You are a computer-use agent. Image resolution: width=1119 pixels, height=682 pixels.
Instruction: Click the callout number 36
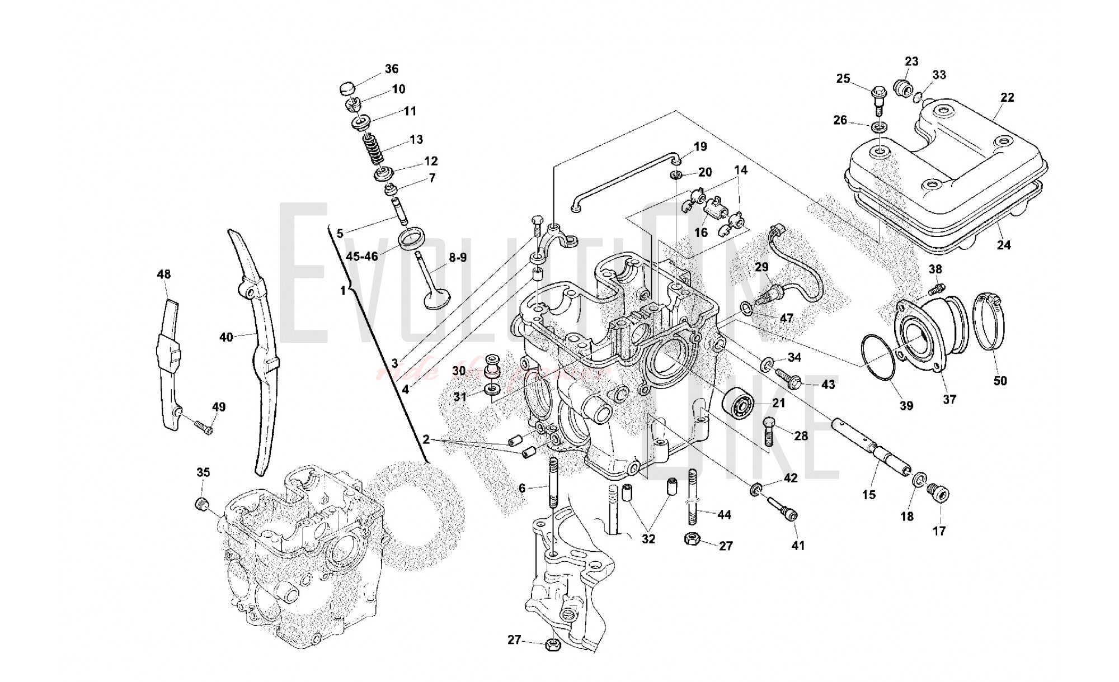pos(391,69)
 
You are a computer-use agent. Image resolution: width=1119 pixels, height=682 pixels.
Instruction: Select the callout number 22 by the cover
pos(1007,97)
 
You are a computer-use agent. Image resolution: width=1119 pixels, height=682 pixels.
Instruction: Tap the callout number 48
pos(164,274)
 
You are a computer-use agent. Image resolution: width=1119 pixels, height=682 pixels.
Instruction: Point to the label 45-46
pos(362,256)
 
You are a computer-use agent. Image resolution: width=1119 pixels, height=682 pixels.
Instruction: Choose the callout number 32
pos(648,539)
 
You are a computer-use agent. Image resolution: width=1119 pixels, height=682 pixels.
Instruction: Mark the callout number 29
pos(761,267)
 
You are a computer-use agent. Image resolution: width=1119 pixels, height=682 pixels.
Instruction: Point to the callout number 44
pos(724,514)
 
